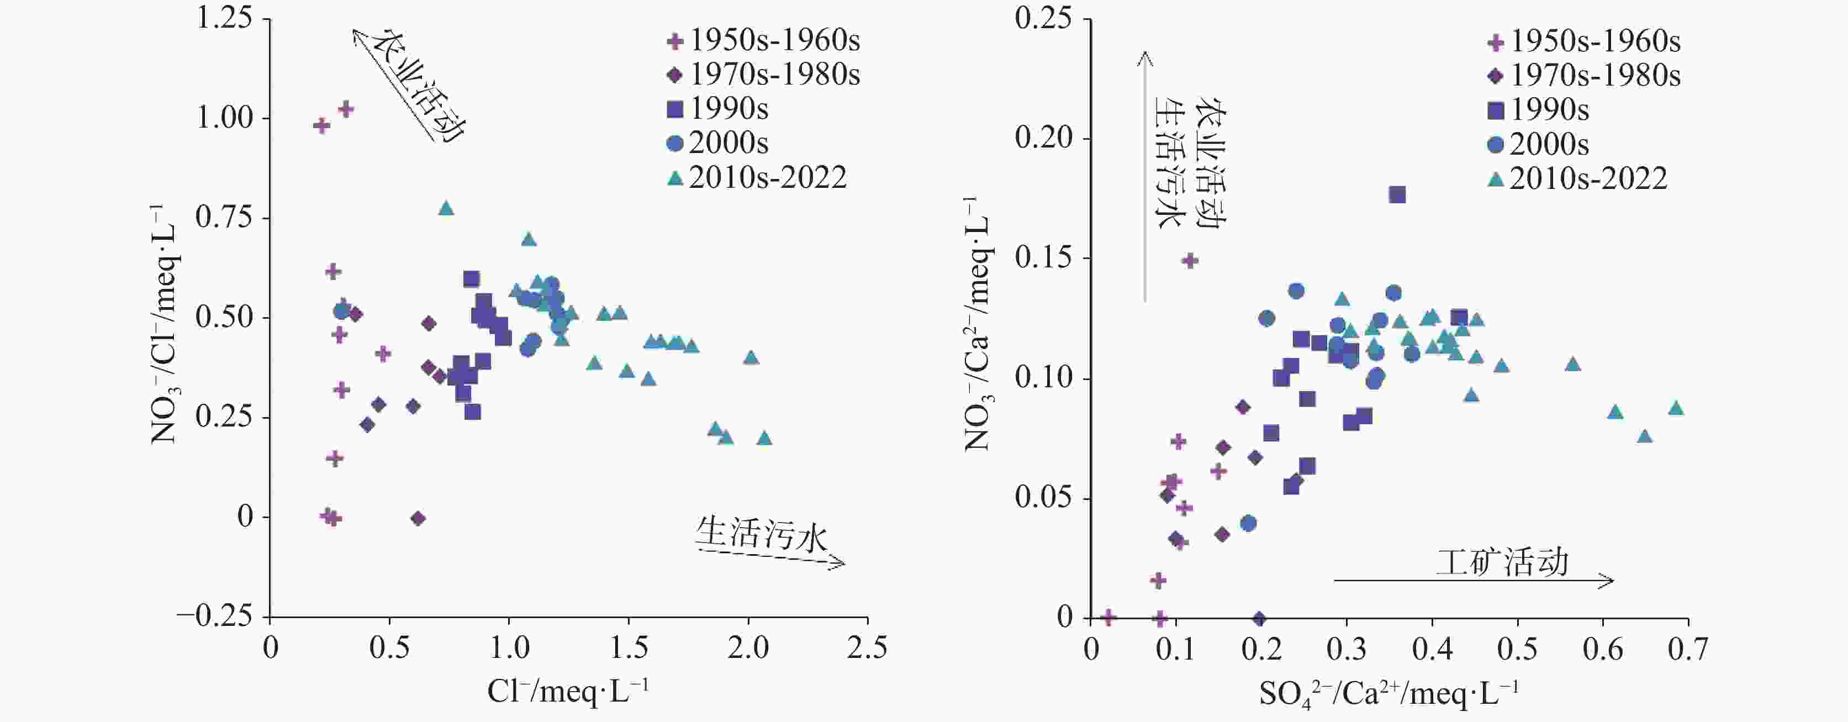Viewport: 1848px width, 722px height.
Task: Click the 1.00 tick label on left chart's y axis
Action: coord(225,118)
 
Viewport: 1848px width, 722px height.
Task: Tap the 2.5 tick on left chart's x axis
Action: coord(867,649)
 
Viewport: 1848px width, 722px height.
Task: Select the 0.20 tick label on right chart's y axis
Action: coord(1043,138)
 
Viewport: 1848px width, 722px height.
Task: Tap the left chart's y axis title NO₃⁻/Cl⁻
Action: coord(165,323)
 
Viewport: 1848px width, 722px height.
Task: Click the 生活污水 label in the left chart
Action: coord(761,535)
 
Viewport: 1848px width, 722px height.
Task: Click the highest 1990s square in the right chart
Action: coord(1397,194)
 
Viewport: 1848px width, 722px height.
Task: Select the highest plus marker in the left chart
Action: coord(346,109)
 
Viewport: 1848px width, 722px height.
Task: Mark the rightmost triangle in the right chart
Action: coord(1676,408)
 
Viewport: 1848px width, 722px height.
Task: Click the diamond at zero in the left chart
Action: coord(418,518)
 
